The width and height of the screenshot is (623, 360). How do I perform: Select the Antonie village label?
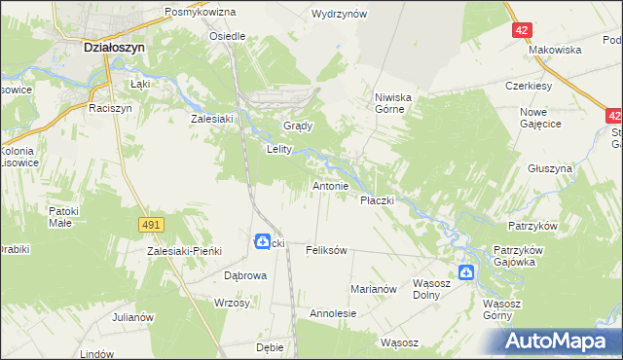click(330, 185)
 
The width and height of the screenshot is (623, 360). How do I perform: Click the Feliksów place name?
click(326, 251)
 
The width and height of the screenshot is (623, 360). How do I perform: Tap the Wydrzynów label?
click(338, 14)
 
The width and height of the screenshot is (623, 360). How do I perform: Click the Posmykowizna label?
click(201, 13)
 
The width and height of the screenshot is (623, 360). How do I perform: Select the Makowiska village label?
click(556, 50)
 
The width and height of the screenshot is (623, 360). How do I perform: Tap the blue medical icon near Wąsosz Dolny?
click(466, 273)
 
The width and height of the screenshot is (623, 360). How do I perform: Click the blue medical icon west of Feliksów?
click(263, 241)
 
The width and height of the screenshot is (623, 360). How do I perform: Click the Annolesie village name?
click(333, 314)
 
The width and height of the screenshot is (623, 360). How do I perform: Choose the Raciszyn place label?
click(109, 109)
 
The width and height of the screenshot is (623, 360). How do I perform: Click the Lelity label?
click(280, 150)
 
